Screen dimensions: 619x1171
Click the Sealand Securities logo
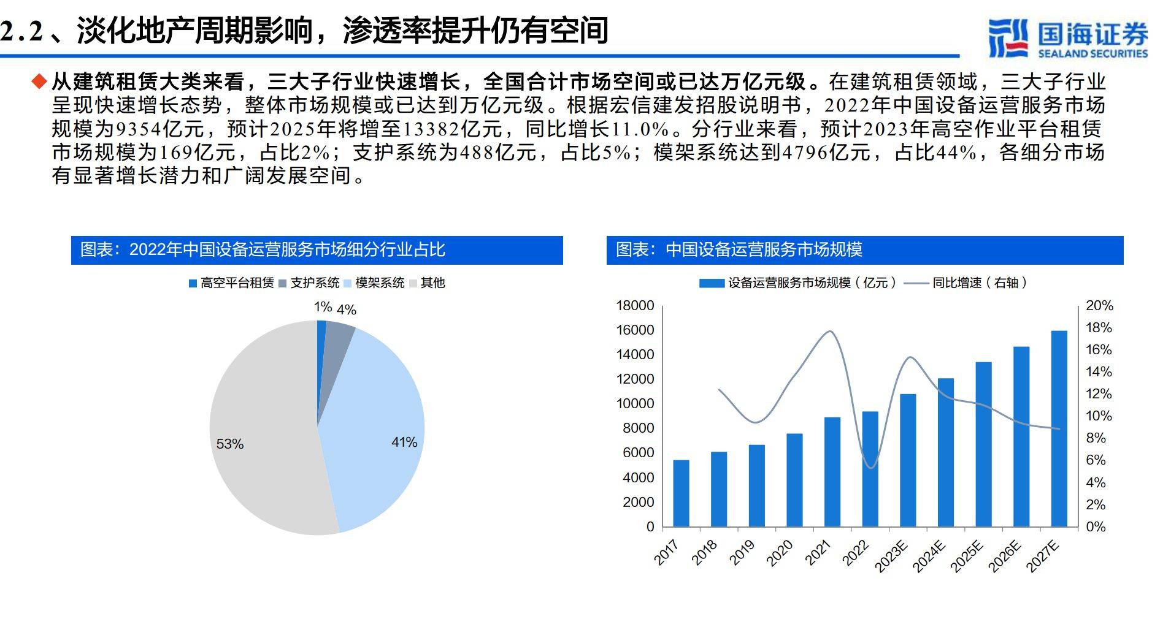coord(1067,38)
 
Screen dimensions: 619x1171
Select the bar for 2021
coord(832,471)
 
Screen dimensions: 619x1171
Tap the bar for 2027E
coord(1059,428)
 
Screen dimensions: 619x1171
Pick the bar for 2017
coord(681,493)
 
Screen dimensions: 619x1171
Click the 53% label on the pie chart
coord(230,444)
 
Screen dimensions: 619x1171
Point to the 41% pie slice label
coord(404,442)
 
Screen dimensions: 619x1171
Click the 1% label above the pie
coord(323,306)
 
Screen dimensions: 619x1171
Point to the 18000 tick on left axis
coord(635,305)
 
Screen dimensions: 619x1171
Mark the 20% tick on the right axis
coord(1099,305)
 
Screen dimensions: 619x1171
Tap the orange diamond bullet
coord(39,81)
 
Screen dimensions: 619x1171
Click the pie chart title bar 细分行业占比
coord(317,250)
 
